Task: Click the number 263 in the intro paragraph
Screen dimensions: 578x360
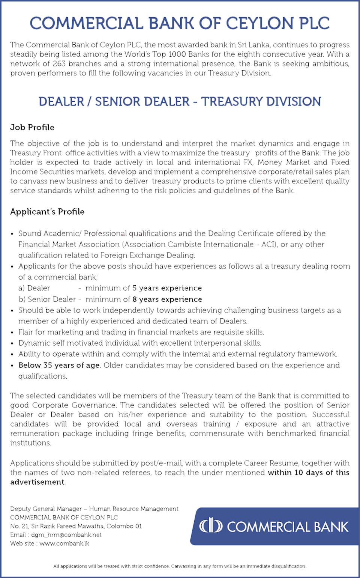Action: click(59, 64)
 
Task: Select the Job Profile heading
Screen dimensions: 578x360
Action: click(32, 127)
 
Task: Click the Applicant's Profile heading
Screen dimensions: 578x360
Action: click(47, 212)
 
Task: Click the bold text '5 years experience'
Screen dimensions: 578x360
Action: click(167, 288)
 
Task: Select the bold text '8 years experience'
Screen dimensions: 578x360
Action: click(167, 300)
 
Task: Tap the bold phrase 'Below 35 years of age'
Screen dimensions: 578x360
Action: click(59, 365)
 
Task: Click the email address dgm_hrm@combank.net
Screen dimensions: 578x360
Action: click(66, 535)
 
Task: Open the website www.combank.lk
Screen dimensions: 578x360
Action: click(64, 543)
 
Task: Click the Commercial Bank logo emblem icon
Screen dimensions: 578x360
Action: click(211, 526)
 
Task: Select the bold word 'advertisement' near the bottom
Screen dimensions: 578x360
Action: click(37, 482)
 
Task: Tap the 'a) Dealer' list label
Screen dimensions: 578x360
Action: click(34, 288)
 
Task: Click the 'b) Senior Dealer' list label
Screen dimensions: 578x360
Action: click(47, 300)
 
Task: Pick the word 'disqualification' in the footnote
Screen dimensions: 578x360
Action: click(288, 566)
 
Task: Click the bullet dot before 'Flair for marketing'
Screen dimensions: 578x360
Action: click(12, 333)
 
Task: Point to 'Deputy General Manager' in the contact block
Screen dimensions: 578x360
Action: click(46, 509)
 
